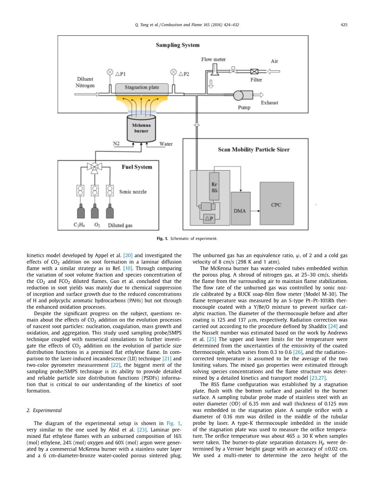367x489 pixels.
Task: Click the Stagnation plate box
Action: click(x=142, y=88)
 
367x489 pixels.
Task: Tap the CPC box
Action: click(x=277, y=205)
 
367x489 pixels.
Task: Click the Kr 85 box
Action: click(x=214, y=187)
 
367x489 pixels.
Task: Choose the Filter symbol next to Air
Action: click(x=254, y=72)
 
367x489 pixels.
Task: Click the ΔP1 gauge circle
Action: click(x=110, y=73)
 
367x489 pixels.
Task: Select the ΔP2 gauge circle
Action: click(x=173, y=73)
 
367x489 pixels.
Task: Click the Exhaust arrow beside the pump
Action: click(x=259, y=95)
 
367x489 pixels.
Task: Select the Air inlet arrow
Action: click(x=273, y=71)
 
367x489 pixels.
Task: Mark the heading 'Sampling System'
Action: click(x=177, y=45)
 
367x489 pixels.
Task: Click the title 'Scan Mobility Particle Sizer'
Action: click(x=254, y=149)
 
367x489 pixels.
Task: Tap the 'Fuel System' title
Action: click(x=136, y=167)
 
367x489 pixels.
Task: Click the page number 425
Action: click(x=344, y=25)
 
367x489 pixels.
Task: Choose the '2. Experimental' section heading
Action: click(x=44, y=410)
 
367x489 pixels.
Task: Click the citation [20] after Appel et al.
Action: click(x=128, y=256)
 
